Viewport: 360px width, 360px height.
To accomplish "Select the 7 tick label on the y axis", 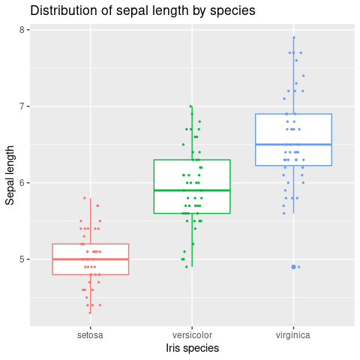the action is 22,106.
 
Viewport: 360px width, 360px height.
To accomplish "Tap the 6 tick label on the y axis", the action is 22,183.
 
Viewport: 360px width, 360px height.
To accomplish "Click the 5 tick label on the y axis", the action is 22,259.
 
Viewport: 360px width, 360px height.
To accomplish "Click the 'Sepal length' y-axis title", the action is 10,175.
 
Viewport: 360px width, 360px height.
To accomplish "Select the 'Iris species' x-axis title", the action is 192,348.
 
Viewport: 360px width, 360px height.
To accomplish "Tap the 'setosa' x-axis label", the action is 90,335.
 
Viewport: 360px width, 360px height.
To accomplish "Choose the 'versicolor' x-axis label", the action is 192,335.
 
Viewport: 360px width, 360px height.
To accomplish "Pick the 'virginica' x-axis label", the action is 293,335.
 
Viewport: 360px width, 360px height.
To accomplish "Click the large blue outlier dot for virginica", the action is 293,267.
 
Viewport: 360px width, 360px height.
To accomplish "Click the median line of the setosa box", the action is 91,259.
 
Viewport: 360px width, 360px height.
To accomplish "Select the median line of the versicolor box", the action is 192,190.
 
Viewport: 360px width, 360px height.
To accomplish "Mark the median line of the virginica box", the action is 293,145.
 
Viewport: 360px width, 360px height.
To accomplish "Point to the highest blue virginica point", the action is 294,37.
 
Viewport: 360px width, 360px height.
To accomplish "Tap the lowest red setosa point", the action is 90,313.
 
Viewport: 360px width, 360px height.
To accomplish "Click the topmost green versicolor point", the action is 190,106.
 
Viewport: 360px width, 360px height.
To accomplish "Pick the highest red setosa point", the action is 85,198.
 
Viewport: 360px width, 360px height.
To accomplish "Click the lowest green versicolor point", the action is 187,267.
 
